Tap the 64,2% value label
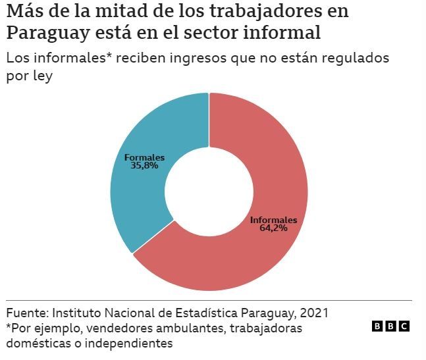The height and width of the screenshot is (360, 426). (x=273, y=228)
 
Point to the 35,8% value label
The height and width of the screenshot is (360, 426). (x=144, y=167)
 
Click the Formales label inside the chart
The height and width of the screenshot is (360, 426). (x=144, y=158)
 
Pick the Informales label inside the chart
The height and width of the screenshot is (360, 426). (x=273, y=220)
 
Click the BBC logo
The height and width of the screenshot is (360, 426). (x=390, y=326)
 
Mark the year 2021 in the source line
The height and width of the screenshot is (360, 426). (x=315, y=312)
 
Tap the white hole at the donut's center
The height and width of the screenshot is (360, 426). (x=209, y=192)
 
